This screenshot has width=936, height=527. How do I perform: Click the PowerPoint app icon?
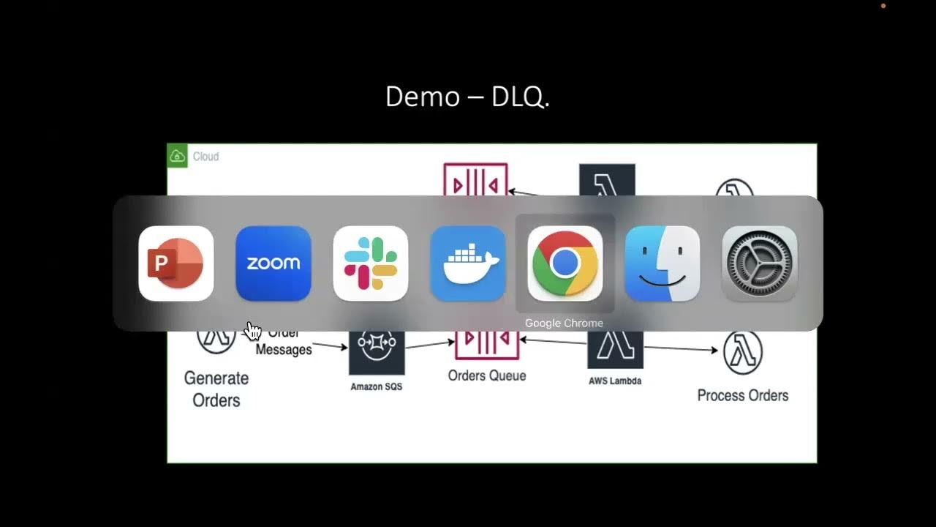tap(175, 263)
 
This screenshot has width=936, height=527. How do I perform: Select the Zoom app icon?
tap(273, 263)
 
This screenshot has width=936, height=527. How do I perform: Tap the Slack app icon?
tap(370, 263)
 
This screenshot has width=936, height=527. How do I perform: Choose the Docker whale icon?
tap(467, 263)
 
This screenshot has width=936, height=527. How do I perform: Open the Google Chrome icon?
tap(565, 263)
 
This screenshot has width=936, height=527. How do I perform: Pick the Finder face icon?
tap(662, 263)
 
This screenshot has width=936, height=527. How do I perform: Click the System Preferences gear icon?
tap(759, 263)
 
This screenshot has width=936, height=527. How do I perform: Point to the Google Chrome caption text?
tap(564, 323)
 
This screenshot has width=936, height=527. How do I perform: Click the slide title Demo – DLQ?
tap(467, 97)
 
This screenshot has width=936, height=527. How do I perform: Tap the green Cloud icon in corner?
tap(177, 156)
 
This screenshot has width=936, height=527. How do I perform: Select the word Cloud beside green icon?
tap(205, 157)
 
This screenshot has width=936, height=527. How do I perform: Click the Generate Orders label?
tap(216, 389)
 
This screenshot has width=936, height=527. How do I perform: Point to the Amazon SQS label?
tap(376, 386)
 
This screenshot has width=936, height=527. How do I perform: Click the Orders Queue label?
tap(487, 375)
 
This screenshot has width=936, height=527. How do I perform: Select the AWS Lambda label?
tap(614, 381)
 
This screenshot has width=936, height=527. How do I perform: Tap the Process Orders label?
tap(742, 395)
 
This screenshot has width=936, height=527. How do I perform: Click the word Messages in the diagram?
tap(284, 350)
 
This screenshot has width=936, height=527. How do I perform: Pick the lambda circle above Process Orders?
tap(742, 351)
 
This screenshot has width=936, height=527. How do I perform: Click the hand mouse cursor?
tap(252, 331)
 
